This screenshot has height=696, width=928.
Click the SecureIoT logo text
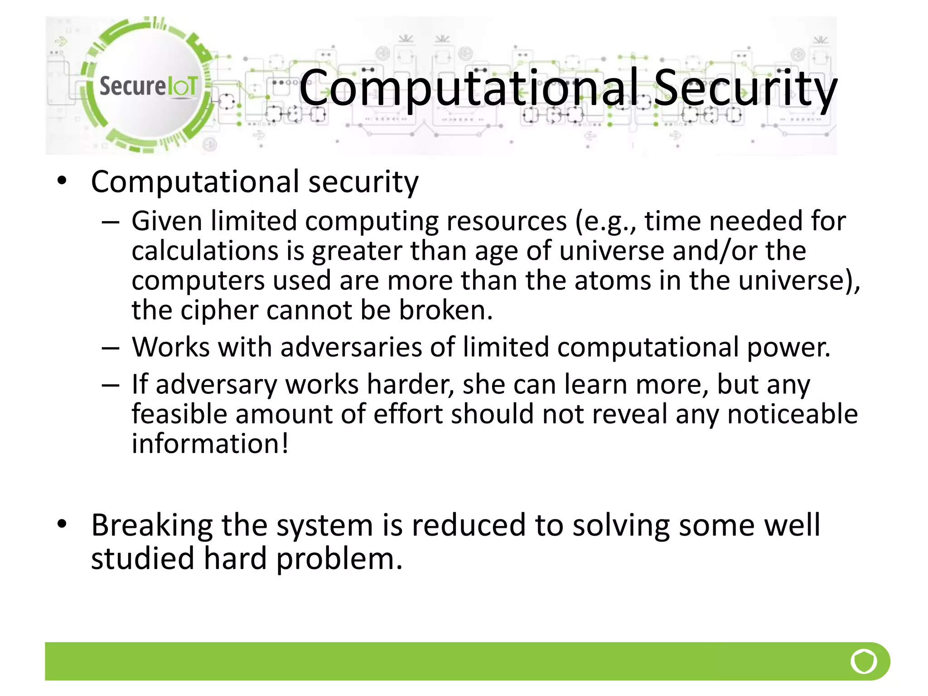tap(148, 86)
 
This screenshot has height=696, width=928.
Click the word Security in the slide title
tap(745, 88)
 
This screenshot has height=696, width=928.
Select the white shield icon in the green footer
tap(864, 662)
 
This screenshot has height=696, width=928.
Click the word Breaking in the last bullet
tap(152, 525)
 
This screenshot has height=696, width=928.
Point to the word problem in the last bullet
tap(339, 559)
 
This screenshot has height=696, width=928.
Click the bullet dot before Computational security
tap(62, 181)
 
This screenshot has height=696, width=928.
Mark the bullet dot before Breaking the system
tap(62, 524)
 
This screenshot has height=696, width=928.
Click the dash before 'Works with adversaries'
tap(111, 348)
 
